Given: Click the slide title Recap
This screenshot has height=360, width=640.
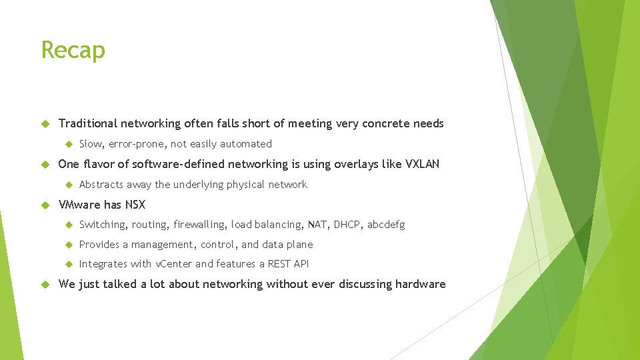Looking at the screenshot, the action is coord(73,50).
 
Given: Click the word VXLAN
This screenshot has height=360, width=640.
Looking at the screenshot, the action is coord(422,164).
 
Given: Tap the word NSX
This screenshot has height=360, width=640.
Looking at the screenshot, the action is coord(134,205).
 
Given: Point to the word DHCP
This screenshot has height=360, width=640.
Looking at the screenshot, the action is coord(345,225).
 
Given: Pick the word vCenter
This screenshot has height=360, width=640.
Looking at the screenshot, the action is coord(173,264).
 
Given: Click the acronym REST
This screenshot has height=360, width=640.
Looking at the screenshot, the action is coord(279,264).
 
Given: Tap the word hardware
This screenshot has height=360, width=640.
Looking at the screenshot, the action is coord(420,284).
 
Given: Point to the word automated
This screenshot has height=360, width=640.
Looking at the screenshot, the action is coord(249,144).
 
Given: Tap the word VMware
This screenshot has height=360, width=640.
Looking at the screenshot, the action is coord(79,205).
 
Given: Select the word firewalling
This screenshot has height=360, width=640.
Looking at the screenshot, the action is coord(199,225).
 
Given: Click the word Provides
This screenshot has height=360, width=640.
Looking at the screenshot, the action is coord(99,245).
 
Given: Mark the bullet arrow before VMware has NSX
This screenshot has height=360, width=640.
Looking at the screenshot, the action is coord(46,205).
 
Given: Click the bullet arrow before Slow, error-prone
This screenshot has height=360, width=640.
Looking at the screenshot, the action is coord(68,144).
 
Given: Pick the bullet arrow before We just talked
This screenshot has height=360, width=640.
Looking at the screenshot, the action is coord(46,284).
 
